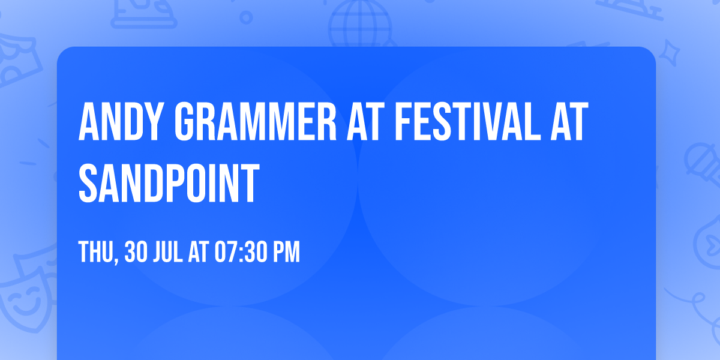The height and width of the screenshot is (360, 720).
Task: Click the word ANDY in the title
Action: coord(119,121)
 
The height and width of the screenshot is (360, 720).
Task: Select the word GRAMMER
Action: coord(255,121)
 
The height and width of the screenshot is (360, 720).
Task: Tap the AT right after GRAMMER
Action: coord(365,121)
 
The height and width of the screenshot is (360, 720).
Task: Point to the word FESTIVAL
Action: coord(467,121)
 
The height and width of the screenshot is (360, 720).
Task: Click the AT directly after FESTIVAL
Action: coord(569,121)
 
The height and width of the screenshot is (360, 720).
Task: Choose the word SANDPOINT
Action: coord(169,183)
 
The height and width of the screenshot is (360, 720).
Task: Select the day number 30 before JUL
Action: coord(136,251)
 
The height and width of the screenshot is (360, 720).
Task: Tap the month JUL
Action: coord(168,251)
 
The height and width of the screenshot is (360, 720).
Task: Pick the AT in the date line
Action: coord(199,251)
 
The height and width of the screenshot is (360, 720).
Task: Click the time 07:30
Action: coord(241,251)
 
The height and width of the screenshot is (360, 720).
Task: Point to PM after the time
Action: coord(287,251)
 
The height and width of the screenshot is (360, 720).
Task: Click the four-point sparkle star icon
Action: coord(669,53)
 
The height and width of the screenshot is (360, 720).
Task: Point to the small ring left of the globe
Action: coord(246,17)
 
